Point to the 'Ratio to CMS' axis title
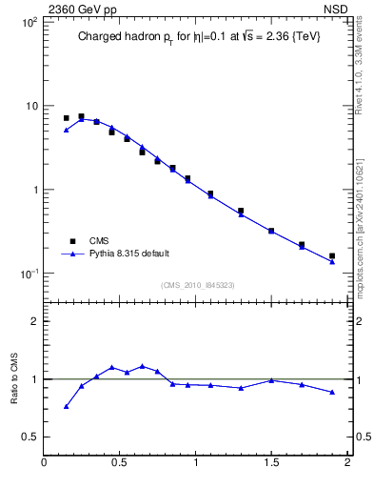[14, 377]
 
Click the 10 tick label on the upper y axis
[30, 106]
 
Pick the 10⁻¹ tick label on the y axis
[28, 274]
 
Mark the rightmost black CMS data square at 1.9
[332, 256]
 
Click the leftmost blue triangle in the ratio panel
[66, 407]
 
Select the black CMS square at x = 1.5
[271, 231]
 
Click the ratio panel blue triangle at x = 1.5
[271, 380]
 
